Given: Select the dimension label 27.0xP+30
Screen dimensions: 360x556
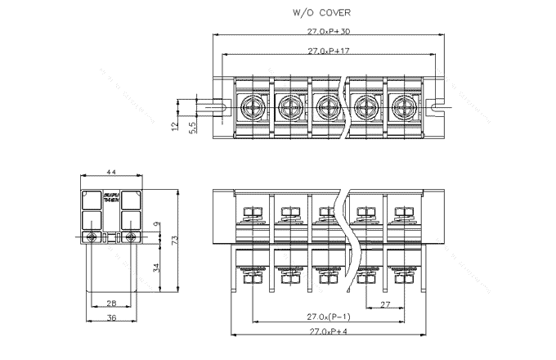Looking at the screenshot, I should point(328,32).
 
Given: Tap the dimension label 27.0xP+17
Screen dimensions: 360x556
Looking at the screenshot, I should point(328,51).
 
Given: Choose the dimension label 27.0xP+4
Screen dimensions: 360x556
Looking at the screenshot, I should point(328,331).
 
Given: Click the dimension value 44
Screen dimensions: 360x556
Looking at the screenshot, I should point(111,173).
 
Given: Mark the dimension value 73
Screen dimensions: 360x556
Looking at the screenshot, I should point(174,239).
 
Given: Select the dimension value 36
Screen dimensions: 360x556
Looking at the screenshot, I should point(111,317).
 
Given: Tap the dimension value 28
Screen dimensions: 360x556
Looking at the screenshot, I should point(111,303).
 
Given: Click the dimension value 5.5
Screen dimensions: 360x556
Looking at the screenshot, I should point(192,128).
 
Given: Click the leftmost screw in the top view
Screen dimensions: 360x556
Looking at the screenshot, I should point(249,106).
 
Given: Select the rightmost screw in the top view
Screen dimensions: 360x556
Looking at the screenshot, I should point(404,106).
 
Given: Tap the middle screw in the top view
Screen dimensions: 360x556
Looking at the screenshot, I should point(326,106).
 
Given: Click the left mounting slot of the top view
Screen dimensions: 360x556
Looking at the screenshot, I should point(219,106).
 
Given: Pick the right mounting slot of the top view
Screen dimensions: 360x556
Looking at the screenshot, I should point(437,106).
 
